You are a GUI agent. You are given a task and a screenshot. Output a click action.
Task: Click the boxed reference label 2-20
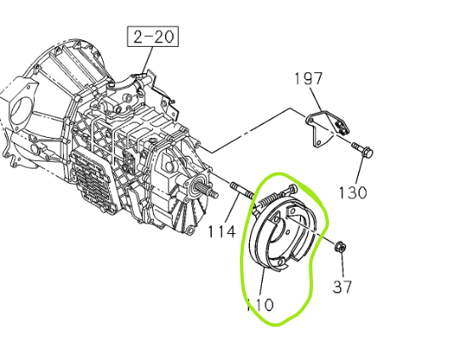pyautogui.click(x=153, y=37)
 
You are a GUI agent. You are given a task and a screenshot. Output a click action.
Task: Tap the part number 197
pyautogui.click(x=309, y=78)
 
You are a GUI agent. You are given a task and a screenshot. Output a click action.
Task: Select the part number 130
pyautogui.click(x=353, y=192)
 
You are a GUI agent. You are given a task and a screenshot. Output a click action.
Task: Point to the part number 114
pyautogui.click(x=221, y=232)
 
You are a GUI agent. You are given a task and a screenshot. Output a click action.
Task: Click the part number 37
pyautogui.click(x=342, y=286)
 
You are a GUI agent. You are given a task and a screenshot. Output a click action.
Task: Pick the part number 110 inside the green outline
pyautogui.click(x=260, y=305)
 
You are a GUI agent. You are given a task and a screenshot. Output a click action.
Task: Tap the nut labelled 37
pyautogui.click(x=340, y=248)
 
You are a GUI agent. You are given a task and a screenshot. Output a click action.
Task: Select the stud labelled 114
pyautogui.click(x=242, y=190)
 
